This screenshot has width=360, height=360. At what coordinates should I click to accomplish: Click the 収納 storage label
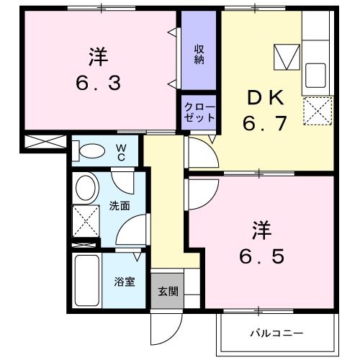click(x=199, y=54)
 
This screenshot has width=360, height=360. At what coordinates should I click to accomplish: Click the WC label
click(x=122, y=153)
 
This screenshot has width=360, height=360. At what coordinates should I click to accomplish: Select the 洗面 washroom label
click(x=120, y=206)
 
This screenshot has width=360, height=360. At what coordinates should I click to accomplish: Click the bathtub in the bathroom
click(x=86, y=282)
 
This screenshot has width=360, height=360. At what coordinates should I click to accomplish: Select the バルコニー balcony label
click(x=276, y=333)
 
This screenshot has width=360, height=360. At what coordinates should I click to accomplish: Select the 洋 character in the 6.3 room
click(x=99, y=55)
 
